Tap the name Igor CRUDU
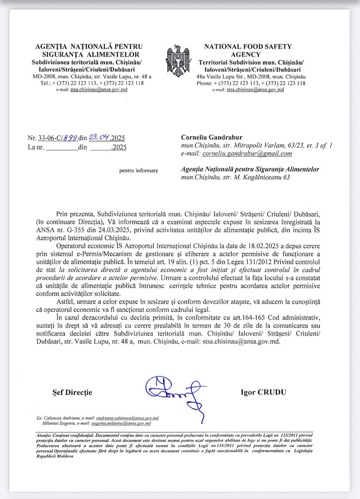click(x=263, y=392)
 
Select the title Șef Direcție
click(x=72, y=392)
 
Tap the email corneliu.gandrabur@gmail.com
click(x=247, y=154)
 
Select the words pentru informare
click(x=139, y=170)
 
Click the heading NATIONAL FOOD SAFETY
click(x=248, y=46)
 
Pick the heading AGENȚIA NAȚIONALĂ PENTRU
click(x=89, y=46)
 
